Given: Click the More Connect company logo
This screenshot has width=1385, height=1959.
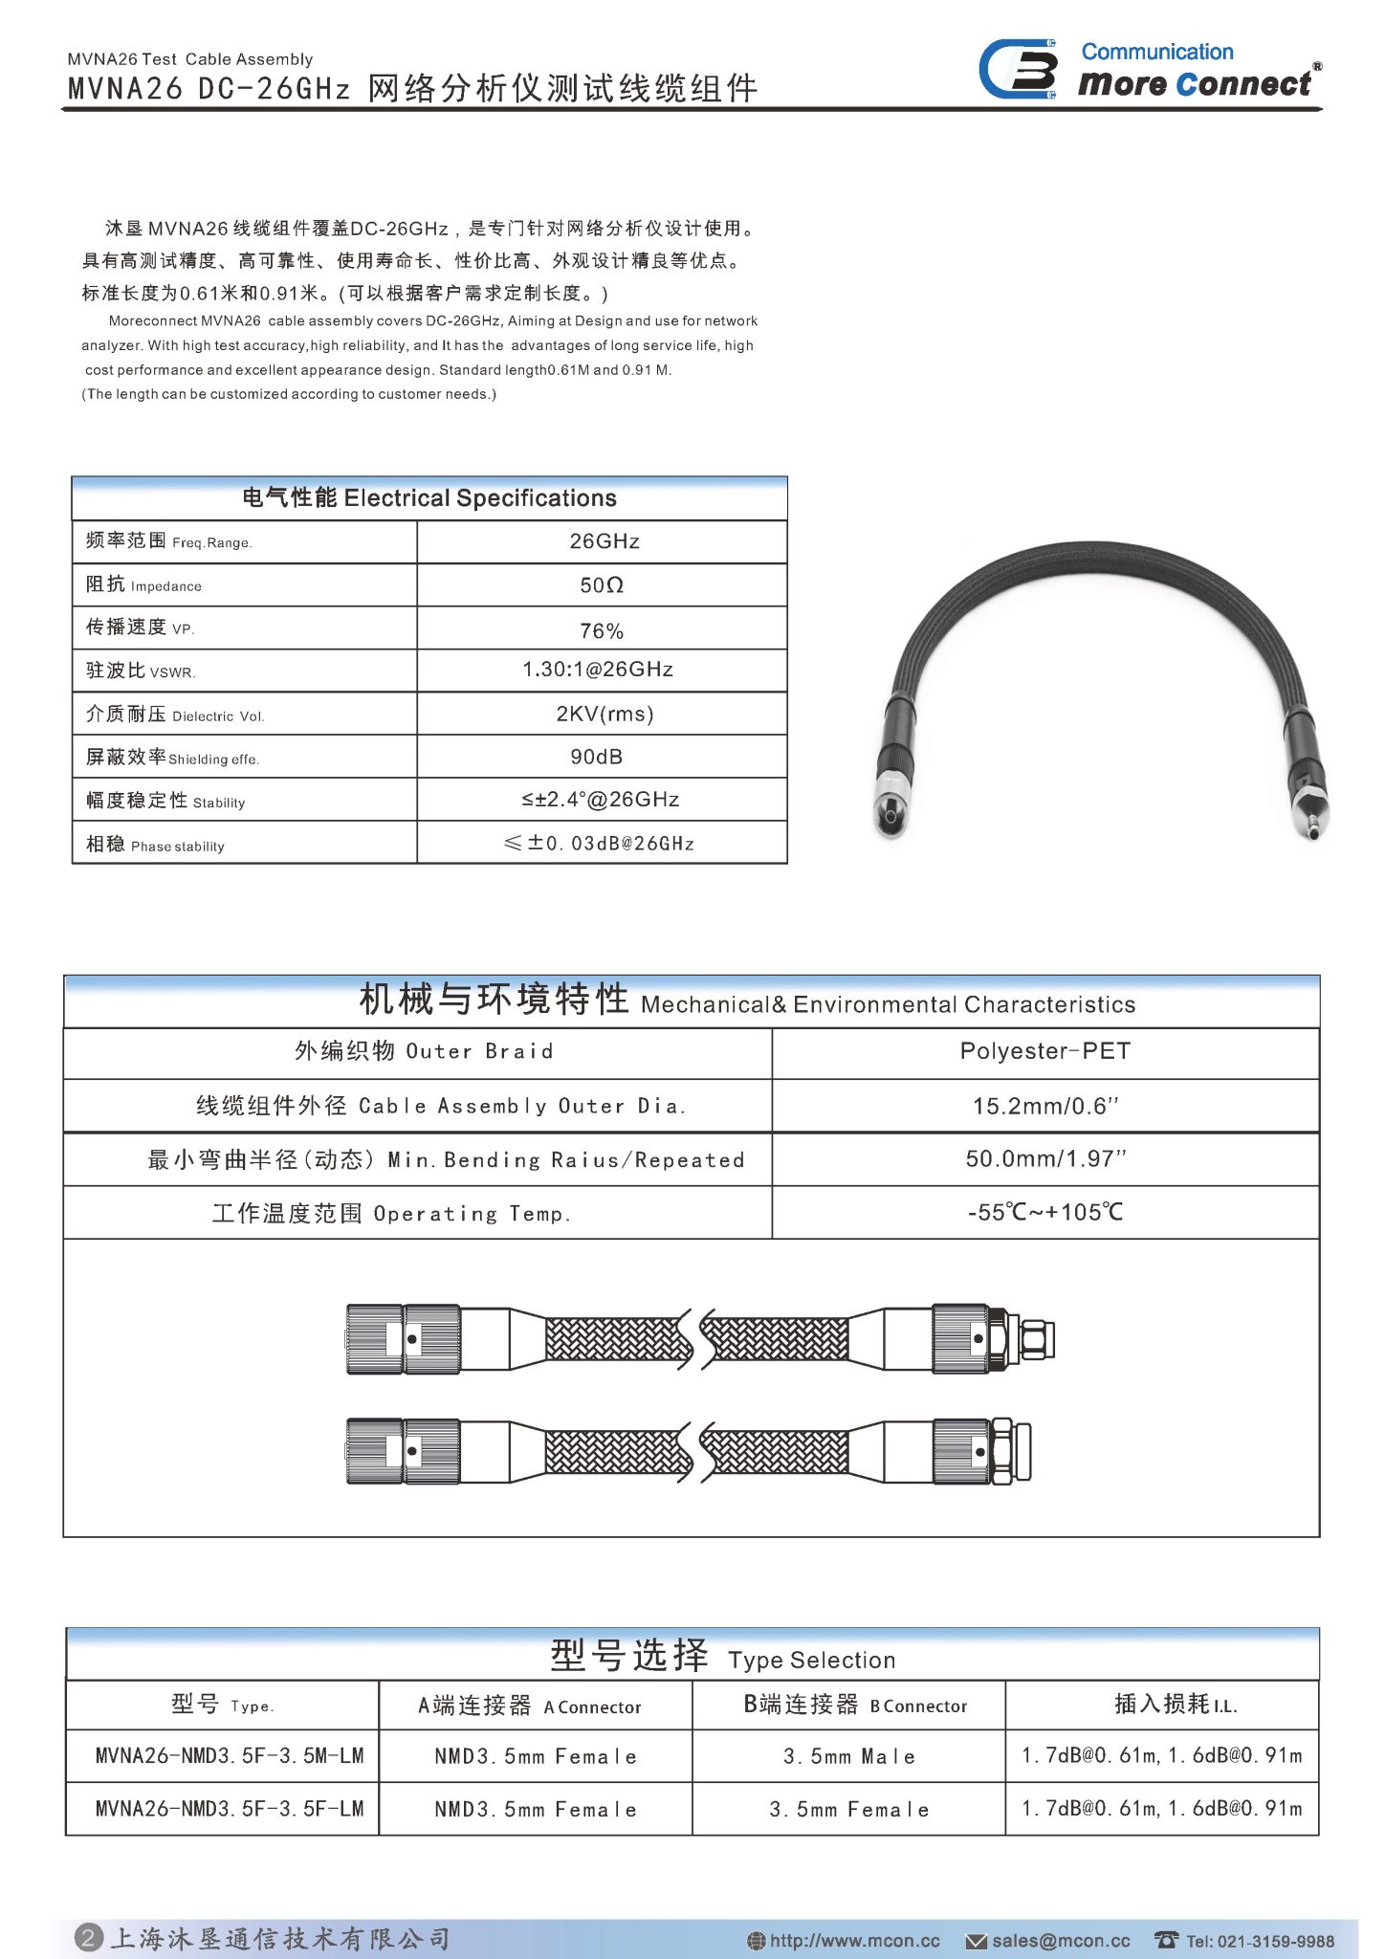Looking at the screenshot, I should (1148, 70).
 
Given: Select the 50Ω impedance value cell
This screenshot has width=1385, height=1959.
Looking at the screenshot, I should (602, 585).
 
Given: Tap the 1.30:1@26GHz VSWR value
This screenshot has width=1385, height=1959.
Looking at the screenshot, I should (598, 670).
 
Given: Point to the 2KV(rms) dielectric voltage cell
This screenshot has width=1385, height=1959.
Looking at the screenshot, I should (605, 714).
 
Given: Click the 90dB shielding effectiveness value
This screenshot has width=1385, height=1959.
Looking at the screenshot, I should (597, 757).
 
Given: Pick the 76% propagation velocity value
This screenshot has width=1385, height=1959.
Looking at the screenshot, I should (602, 631).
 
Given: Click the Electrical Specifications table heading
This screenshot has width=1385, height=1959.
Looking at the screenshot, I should (429, 498).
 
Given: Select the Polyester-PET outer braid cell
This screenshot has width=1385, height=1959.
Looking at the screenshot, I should (1044, 1051).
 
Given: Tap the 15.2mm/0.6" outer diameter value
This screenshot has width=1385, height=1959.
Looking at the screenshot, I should (1044, 1107).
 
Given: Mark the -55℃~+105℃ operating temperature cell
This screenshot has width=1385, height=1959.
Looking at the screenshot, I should (1044, 1213).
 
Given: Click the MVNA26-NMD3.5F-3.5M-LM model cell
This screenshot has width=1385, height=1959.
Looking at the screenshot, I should (230, 1755).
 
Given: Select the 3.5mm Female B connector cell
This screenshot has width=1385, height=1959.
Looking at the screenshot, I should (848, 1809).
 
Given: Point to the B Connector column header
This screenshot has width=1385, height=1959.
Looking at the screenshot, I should (855, 1706).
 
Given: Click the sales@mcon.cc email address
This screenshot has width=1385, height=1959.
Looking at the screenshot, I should (1060, 1941).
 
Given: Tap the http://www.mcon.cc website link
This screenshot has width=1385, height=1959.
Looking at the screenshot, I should (854, 1941).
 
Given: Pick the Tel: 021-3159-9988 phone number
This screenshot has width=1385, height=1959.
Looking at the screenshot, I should (1259, 1941).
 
